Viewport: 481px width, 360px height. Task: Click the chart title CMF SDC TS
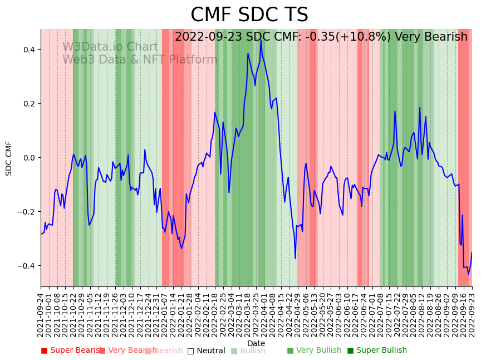(x=249, y=15)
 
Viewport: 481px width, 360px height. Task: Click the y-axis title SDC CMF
(x=9, y=158)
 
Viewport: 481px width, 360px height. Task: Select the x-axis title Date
(x=256, y=343)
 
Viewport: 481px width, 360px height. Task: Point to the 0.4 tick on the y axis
(x=28, y=50)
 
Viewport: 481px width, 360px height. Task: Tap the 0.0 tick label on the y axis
(x=28, y=158)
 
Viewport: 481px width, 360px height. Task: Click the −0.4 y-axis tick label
(x=26, y=266)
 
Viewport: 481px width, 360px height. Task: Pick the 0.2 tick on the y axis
(x=28, y=104)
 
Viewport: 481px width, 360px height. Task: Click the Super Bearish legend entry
(x=72, y=351)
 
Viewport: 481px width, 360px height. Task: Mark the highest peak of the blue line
(x=261, y=41)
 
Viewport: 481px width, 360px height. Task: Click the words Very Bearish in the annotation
(x=431, y=37)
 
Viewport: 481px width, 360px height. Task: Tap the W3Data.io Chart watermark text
(x=110, y=47)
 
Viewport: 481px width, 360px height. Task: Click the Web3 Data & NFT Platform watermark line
(x=139, y=60)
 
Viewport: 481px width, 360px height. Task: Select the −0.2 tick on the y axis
(x=26, y=212)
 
